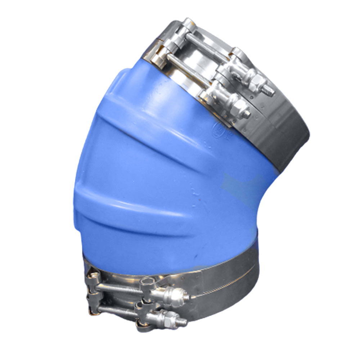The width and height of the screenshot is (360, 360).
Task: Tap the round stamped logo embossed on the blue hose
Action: coord(219,127)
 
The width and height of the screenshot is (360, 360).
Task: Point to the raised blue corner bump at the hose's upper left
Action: coord(122,77)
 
